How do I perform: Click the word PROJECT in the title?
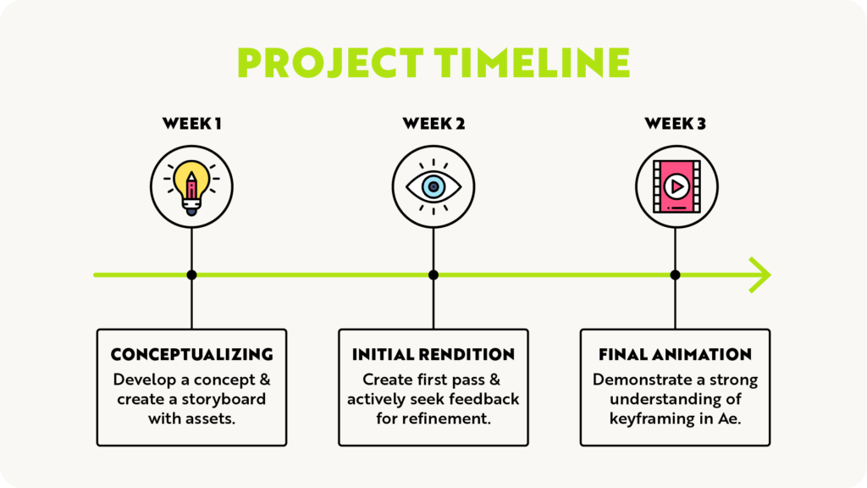click(330, 63)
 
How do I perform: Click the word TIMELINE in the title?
click(532, 63)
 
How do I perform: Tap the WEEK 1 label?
click(192, 124)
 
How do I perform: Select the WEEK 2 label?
click(433, 124)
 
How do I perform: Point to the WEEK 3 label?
click(675, 124)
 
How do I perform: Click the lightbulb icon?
click(191, 187)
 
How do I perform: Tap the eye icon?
click(433, 187)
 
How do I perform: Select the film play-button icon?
click(676, 186)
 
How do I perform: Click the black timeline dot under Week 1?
click(192, 275)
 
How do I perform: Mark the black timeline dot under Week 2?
click(433, 275)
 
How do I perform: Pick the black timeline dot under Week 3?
click(675, 275)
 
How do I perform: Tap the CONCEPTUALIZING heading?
click(192, 355)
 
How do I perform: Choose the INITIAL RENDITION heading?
click(433, 355)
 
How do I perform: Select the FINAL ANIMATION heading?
click(675, 355)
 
